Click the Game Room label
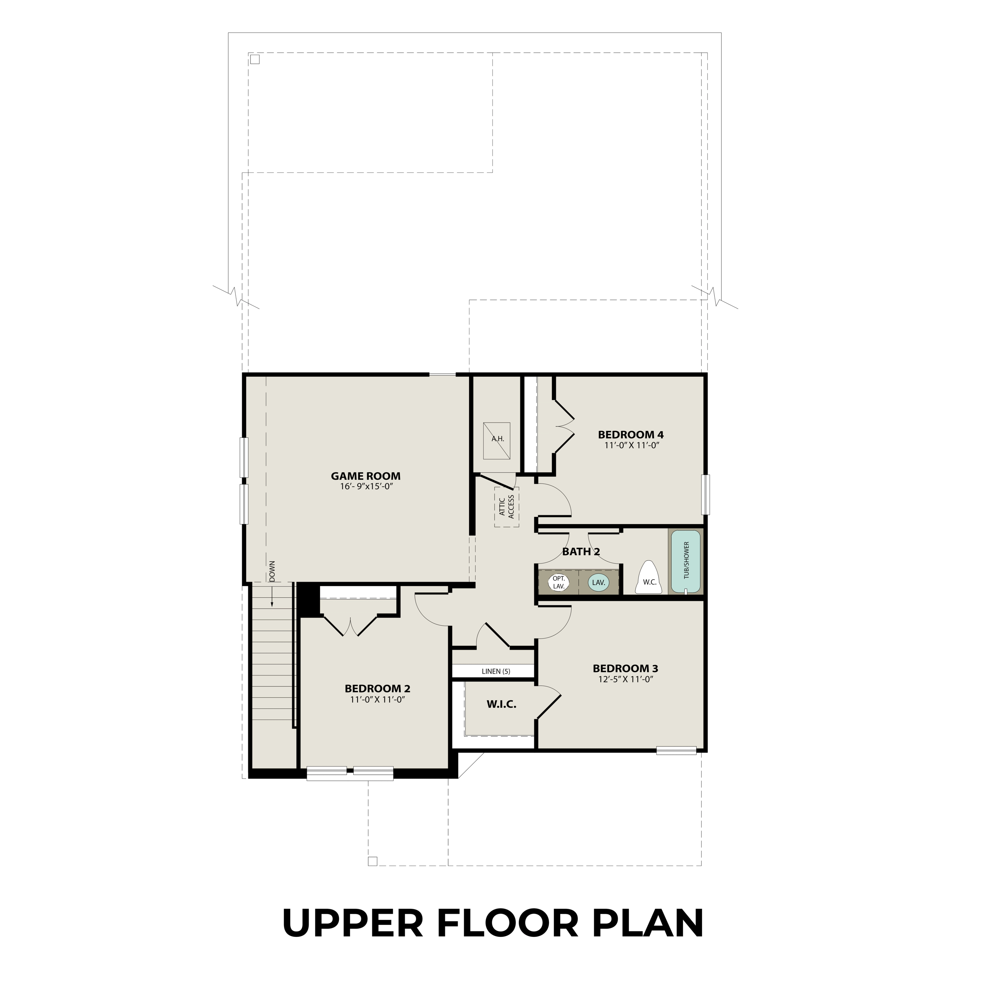[x=365, y=476]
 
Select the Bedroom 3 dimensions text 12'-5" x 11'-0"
[x=626, y=679]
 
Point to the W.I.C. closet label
[x=501, y=704]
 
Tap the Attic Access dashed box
[x=506, y=507]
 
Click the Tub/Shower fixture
[x=685, y=561]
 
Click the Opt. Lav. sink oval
[x=559, y=582]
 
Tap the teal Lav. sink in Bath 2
[x=598, y=582]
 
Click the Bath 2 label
[x=581, y=552]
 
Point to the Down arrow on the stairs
[x=272, y=596]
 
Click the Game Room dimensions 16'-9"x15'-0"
[x=366, y=487]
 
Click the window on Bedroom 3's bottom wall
[x=676, y=750]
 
